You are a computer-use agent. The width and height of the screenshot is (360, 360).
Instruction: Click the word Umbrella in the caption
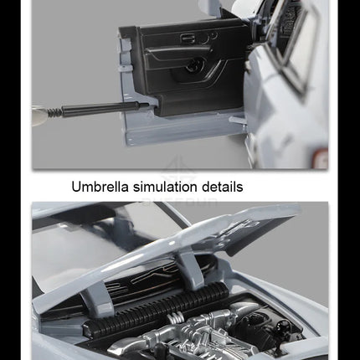[100, 187]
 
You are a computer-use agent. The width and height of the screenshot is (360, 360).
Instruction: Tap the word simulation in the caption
[165, 187]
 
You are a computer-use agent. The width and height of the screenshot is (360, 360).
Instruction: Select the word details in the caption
[222, 187]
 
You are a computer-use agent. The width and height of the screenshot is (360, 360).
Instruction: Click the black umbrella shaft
[105, 107]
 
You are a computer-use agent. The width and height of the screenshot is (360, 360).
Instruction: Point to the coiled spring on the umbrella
[54, 113]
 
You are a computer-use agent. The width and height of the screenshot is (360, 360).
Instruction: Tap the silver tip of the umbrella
[40, 116]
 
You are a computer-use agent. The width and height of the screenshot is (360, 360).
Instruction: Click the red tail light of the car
[320, 158]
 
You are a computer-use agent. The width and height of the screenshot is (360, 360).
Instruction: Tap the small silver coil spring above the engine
[175, 317]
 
